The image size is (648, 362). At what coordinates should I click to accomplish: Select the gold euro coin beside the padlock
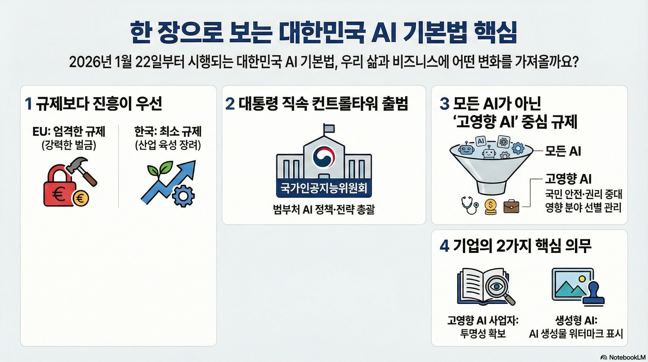pyautogui.click(x=81, y=198)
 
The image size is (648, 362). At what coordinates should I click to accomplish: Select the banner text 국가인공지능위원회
pyautogui.click(x=324, y=188)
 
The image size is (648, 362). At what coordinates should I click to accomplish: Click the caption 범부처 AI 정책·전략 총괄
pyautogui.click(x=324, y=210)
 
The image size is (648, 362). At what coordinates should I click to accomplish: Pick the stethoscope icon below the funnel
pyautogui.click(x=469, y=206)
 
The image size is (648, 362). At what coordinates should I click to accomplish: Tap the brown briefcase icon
pyautogui.click(x=511, y=206)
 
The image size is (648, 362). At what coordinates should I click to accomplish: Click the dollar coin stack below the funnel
pyautogui.click(x=490, y=206)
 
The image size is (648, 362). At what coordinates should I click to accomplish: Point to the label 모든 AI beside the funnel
pyautogui.click(x=563, y=151)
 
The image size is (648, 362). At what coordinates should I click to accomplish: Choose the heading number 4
pyautogui.click(x=445, y=246)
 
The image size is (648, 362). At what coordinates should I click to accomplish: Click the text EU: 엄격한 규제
pyautogui.click(x=69, y=132)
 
